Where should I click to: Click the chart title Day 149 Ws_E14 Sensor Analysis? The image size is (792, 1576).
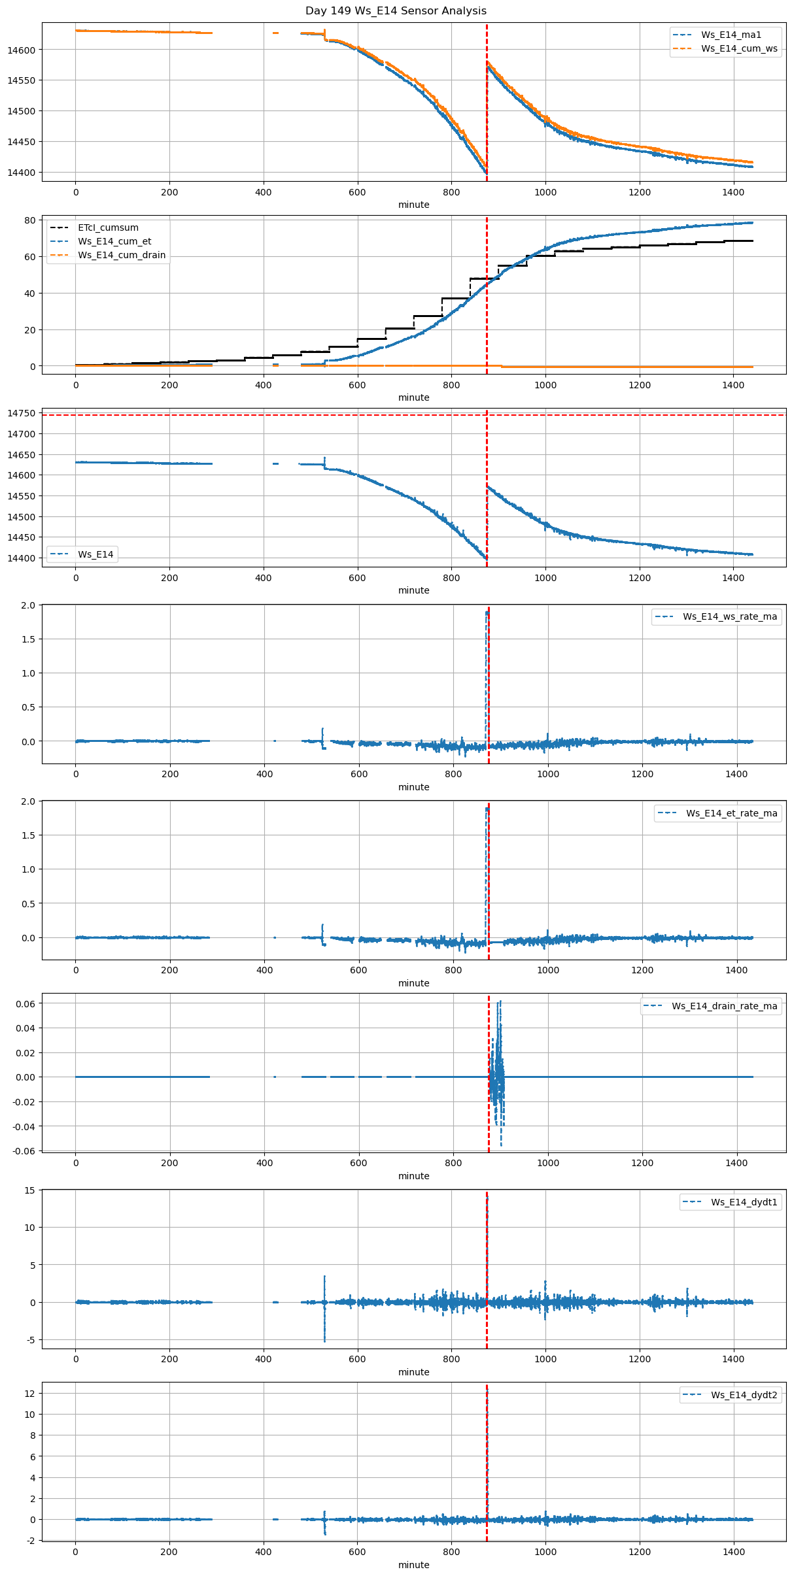click(x=396, y=10)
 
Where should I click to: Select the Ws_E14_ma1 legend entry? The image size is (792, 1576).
click(x=731, y=35)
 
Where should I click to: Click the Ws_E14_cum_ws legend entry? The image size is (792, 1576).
click(x=739, y=48)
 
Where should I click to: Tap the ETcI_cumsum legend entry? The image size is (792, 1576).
click(x=108, y=227)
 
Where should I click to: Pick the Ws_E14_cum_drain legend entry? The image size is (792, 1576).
click(x=122, y=255)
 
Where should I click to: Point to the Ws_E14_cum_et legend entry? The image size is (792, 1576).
click(x=114, y=241)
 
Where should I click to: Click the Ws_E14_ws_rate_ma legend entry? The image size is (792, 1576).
click(x=730, y=616)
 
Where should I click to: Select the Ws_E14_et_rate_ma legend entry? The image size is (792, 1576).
click(x=731, y=813)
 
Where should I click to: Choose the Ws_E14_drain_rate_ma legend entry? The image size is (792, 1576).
click(x=724, y=1006)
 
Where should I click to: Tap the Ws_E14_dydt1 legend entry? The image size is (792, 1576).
click(x=744, y=1202)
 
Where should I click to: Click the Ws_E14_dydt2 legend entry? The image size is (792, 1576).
click(x=744, y=1395)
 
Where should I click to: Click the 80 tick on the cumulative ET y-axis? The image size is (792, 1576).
click(x=30, y=220)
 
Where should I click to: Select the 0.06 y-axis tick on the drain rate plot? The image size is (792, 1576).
click(x=26, y=1003)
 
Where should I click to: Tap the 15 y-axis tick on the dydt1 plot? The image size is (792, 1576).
click(x=30, y=1190)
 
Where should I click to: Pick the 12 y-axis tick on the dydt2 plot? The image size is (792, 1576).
click(x=30, y=1393)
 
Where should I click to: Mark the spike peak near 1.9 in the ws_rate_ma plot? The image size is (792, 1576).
click(x=487, y=612)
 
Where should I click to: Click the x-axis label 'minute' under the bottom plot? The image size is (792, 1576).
click(x=413, y=1564)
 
